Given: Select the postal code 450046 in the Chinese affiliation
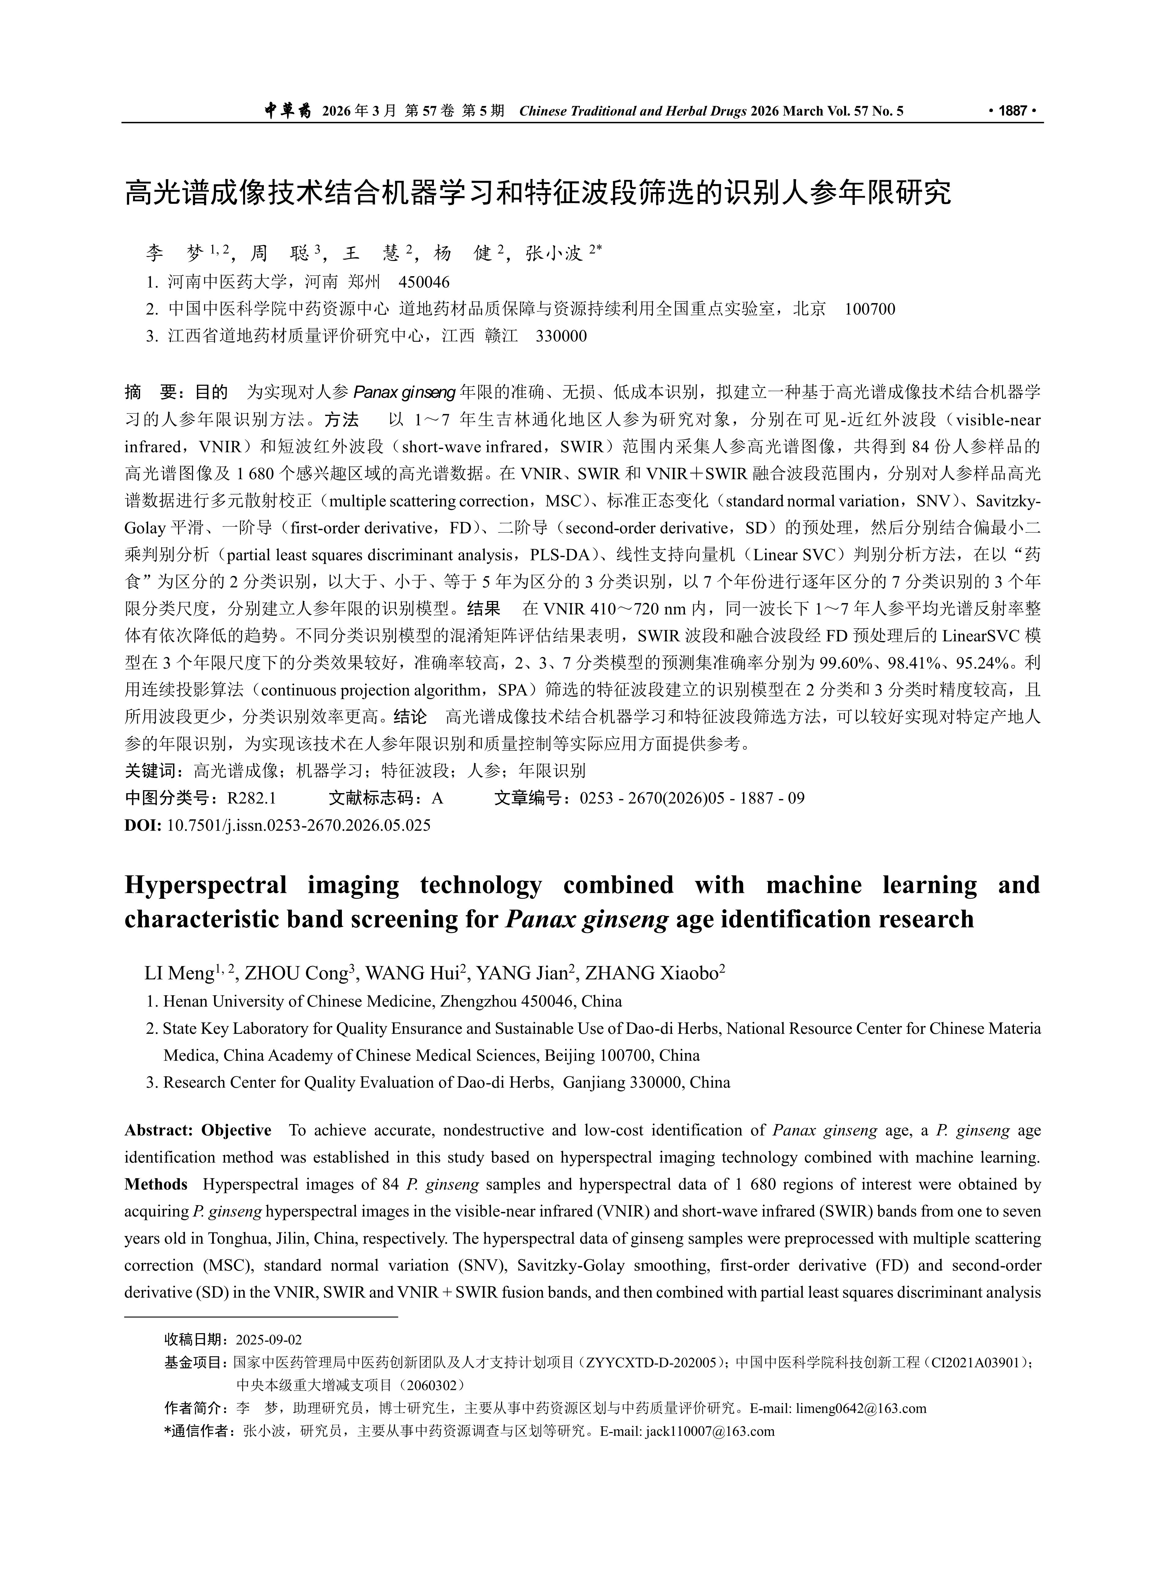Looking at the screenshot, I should tap(424, 283).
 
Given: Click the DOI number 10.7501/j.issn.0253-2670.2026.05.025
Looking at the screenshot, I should tap(298, 825).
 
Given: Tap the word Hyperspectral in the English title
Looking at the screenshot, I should tap(205, 885).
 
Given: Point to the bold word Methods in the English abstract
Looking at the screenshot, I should tap(156, 1184).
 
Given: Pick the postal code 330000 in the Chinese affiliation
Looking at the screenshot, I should tap(561, 336).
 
